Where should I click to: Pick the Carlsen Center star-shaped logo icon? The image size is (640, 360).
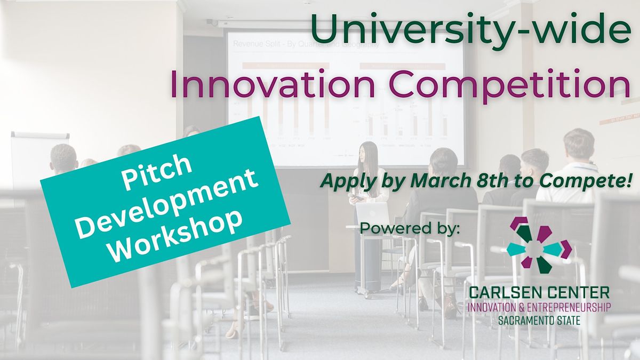pyautogui.click(x=538, y=246)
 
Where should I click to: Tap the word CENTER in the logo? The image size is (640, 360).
pyautogui.click(x=579, y=292)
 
